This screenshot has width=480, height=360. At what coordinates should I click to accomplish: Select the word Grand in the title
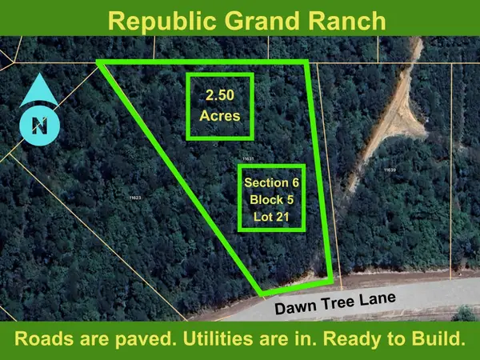pyautogui.click(x=258, y=19)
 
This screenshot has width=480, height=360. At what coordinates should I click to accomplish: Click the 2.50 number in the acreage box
pyautogui.click(x=219, y=95)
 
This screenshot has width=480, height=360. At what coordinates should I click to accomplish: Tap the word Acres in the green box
pyautogui.click(x=219, y=116)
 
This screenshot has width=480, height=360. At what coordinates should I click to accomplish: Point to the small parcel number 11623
pyautogui.click(x=134, y=196)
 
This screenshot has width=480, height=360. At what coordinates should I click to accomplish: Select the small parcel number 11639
pyautogui.click(x=390, y=170)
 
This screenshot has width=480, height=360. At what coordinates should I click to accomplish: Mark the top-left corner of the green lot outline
pyautogui.click(x=99, y=62)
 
